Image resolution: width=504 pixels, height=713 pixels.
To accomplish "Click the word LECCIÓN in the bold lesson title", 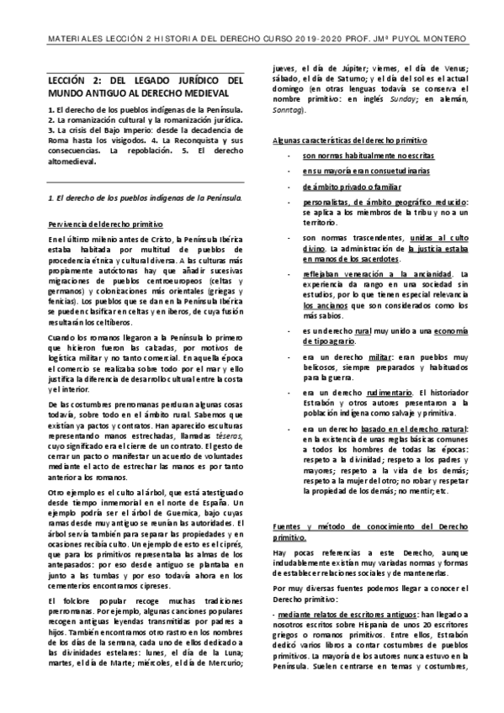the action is pos(68,81).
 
